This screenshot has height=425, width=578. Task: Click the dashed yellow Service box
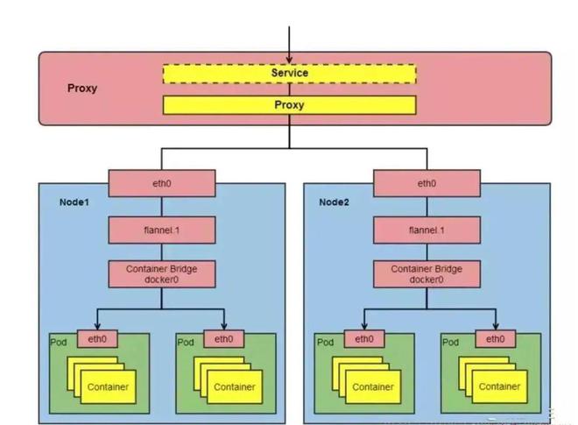(x=289, y=74)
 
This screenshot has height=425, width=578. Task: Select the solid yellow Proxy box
(x=289, y=105)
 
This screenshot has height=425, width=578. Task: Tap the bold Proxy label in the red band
(x=82, y=89)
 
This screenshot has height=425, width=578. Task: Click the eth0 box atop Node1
(x=161, y=184)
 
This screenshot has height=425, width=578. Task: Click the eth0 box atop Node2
(x=426, y=184)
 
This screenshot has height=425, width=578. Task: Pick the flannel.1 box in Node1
(x=161, y=230)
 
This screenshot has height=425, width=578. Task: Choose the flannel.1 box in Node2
(x=426, y=230)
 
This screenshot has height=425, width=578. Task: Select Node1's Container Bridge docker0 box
(x=161, y=274)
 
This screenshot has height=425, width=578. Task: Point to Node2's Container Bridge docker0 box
(x=426, y=274)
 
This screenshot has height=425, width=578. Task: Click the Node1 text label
(x=74, y=202)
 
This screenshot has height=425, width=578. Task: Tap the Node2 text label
(x=334, y=202)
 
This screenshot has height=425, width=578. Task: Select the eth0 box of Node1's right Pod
(x=223, y=338)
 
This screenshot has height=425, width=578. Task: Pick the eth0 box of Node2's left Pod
(x=363, y=338)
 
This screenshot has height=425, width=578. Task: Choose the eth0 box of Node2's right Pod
(x=494, y=338)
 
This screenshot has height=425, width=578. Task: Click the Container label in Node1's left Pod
(x=108, y=386)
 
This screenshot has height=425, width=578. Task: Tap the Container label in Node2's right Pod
(x=499, y=386)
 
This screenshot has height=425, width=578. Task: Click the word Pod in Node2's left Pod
(x=325, y=343)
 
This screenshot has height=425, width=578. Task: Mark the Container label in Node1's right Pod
(x=235, y=386)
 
